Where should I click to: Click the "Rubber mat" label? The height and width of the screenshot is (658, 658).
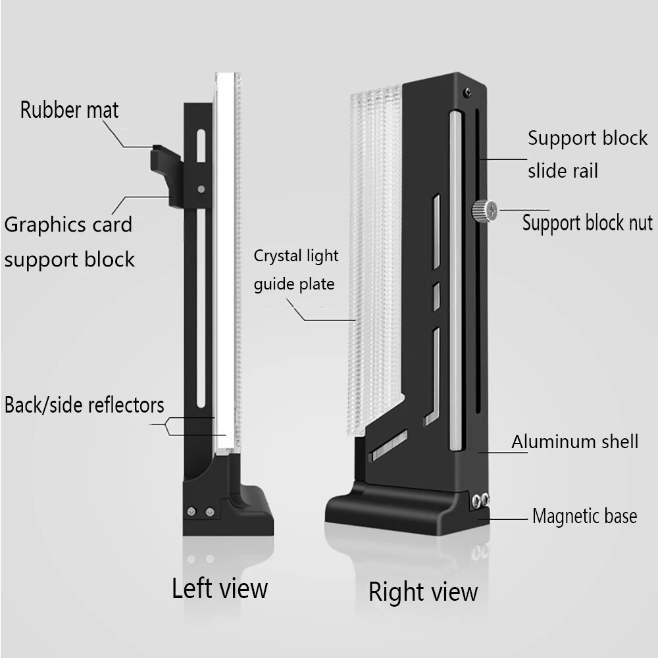coord(69,109)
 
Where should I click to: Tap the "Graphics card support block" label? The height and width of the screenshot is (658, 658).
coord(69,241)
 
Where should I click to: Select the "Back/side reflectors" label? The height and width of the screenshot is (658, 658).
coord(84,405)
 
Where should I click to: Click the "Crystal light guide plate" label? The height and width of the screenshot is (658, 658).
coord(295,270)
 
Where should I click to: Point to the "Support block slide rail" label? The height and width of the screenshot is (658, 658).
coord(587,155)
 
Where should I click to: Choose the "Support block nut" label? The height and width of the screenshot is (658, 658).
coord(587,222)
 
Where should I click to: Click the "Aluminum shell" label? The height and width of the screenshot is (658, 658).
coord(574,441)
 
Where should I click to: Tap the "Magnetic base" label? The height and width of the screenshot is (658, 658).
coord(584,516)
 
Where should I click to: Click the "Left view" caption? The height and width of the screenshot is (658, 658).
coord(220,588)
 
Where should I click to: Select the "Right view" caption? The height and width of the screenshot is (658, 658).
coord(422,591)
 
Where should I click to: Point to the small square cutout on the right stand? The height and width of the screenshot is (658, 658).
coord(435,293)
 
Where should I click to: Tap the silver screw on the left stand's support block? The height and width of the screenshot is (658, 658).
coord(200,190)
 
